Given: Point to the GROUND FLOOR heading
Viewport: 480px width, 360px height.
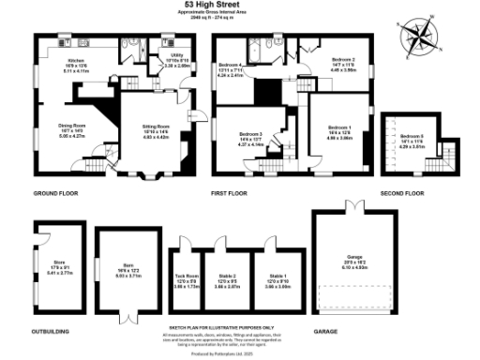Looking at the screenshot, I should pos(54,194).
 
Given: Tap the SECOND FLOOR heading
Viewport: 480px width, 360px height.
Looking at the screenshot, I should pos(402,194).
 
